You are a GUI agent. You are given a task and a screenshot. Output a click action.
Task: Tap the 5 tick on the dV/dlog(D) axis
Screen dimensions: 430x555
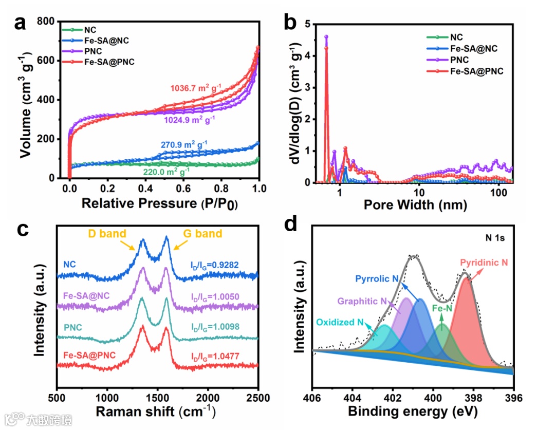306,24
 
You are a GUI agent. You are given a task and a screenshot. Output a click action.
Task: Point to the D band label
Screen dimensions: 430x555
107,234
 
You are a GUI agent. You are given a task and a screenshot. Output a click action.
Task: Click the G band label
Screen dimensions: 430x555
202,234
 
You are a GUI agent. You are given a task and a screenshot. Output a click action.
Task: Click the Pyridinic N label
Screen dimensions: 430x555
484,262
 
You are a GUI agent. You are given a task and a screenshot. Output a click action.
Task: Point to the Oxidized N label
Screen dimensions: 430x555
340,323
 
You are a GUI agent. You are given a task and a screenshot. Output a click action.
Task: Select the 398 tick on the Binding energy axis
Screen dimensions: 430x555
473,398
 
